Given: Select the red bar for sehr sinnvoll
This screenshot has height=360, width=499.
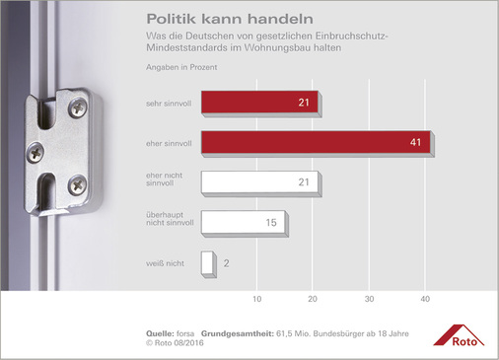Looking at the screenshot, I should (259, 103).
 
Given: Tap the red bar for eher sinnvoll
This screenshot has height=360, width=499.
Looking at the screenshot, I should (315, 143).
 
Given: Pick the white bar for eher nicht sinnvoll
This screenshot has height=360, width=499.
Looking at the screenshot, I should (259, 183).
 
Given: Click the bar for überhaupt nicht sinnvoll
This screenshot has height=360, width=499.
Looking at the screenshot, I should (243, 224).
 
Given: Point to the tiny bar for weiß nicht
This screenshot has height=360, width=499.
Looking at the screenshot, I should (206, 263).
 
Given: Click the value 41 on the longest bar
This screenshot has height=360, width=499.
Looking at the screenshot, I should (417, 143).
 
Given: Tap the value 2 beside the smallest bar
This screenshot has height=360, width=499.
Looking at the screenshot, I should (226, 264).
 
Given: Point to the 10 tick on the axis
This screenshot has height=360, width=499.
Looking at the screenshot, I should (257, 298).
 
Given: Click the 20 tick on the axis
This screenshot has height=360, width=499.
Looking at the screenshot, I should (314, 298).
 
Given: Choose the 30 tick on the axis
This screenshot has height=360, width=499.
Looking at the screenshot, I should (370, 298).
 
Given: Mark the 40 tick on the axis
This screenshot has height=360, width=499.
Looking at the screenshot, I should (426, 298).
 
